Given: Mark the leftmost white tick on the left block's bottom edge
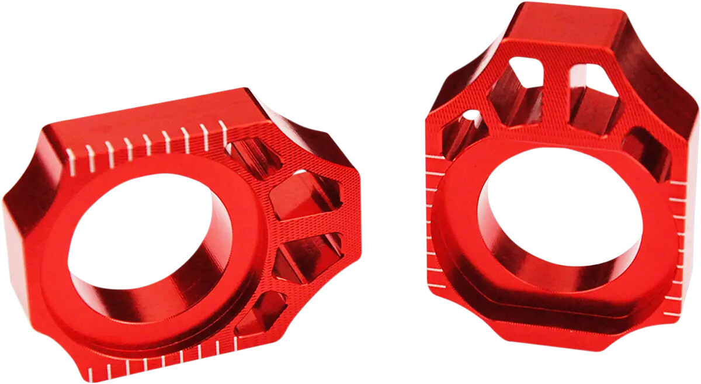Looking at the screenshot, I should click(x=90, y=372).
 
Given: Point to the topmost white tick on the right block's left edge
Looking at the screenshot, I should click(x=433, y=157).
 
